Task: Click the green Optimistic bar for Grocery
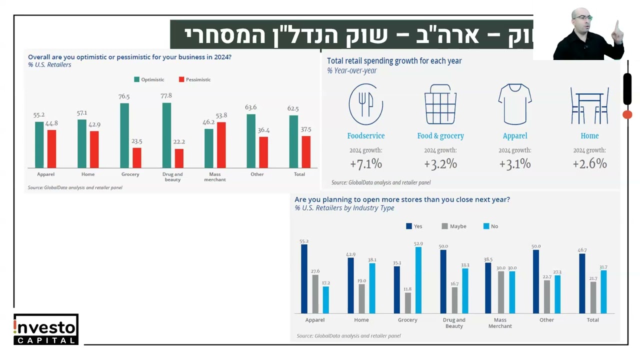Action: pos(124,135)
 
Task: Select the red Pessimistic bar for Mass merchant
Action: pos(221,145)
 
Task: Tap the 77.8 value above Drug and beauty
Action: pos(166,95)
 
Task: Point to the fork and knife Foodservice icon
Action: pos(365,104)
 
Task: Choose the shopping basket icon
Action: pos(440,104)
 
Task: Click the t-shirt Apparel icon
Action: pos(514,104)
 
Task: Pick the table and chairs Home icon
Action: pos(589,105)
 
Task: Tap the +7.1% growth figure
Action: pos(365,163)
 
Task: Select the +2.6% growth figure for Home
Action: pos(589,163)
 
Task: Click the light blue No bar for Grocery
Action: pos(418,280)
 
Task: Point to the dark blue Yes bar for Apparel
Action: pos(304,278)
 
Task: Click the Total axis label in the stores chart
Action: pos(592,320)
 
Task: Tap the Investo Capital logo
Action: pos(46,329)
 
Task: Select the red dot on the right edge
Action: pos(627,114)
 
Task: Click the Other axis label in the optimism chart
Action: pos(257,174)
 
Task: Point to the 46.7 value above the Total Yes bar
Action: pos(582,250)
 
